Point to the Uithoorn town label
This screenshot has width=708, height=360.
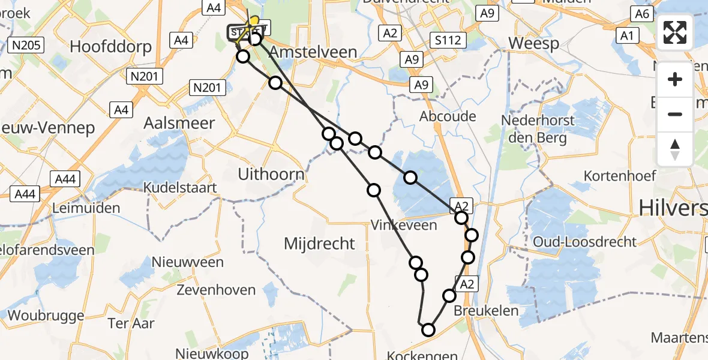(x=272, y=175)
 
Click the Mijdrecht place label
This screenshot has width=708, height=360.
(x=320, y=244)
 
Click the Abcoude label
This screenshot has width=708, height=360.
(x=448, y=116)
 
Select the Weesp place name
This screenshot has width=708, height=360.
(x=533, y=43)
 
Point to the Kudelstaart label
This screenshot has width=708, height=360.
(x=180, y=188)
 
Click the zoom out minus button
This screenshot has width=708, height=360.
(x=675, y=114)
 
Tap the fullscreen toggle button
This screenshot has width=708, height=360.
(x=675, y=32)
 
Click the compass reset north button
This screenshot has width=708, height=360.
(x=675, y=149)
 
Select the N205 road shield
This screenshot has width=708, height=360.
(x=26, y=45)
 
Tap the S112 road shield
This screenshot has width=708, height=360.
(x=449, y=40)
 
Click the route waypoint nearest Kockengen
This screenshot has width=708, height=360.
(x=428, y=329)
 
